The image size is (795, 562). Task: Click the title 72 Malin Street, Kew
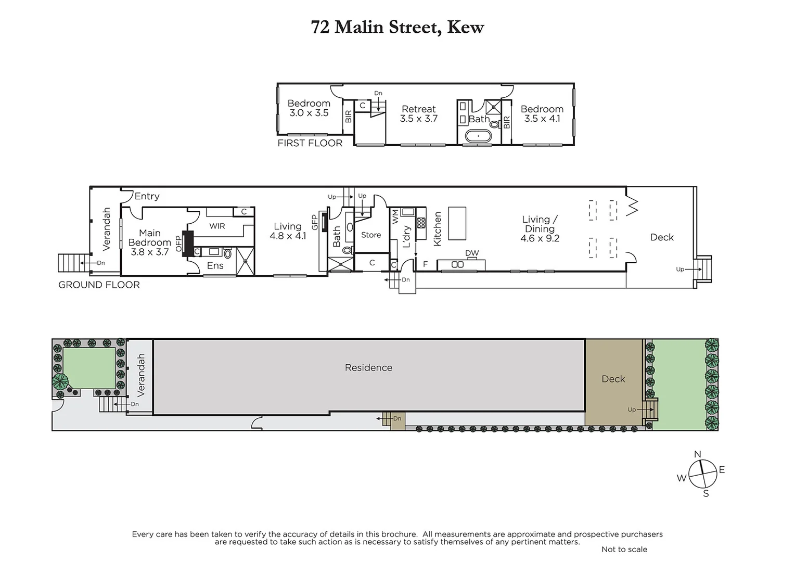coord(397,27)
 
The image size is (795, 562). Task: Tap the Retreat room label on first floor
coord(418,113)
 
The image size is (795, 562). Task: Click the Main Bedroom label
coord(149,242)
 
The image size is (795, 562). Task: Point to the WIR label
coord(217,226)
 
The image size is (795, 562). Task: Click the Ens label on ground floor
coord(215,265)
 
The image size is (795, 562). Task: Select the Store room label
coord(371,235)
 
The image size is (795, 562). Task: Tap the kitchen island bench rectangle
coord(457,223)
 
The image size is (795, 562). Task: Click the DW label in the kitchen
coord(472,253)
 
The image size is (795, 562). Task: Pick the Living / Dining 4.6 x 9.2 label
coord(540,229)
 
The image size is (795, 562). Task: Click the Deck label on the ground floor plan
coord(662,237)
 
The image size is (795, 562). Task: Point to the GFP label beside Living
coord(314,222)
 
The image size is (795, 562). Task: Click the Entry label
coord(147,196)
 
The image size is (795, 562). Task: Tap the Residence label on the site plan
coord(368,367)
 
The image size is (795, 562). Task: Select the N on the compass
coord(698,454)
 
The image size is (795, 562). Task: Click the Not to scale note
coord(624,549)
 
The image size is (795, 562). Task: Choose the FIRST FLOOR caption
coord(310,143)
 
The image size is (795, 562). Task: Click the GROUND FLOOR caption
coord(99,285)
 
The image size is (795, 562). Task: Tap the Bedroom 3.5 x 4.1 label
coord(542,113)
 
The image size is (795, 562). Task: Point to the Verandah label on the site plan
coord(140,375)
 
